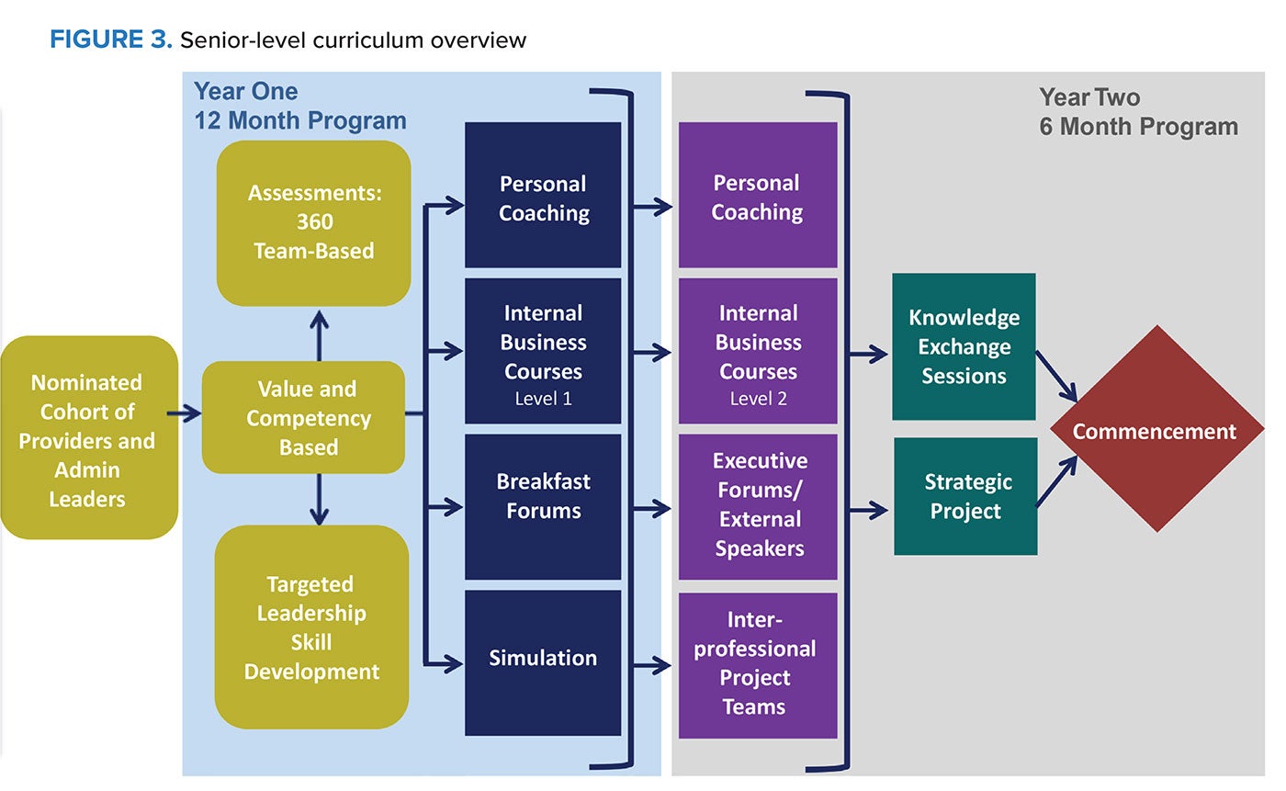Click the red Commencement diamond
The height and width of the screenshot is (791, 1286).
pyautogui.click(x=1155, y=430)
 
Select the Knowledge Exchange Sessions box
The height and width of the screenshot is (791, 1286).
pyautogui.click(x=964, y=346)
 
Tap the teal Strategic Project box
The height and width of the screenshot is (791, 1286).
pyautogui.click(x=965, y=496)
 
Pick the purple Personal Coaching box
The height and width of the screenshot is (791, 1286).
pyautogui.click(x=757, y=196)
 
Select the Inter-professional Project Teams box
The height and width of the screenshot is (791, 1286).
pyautogui.click(x=757, y=664)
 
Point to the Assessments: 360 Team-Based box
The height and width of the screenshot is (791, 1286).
pyautogui.click(x=313, y=222)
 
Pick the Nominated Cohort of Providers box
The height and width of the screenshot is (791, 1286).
pyautogui.click(x=88, y=438)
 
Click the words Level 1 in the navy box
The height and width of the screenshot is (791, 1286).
pyautogui.click(x=543, y=400)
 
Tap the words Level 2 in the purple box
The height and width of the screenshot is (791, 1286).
pyautogui.click(x=758, y=400)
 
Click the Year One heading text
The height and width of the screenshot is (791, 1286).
pyautogui.click(x=245, y=92)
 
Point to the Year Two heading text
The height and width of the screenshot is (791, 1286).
pyautogui.click(x=1089, y=97)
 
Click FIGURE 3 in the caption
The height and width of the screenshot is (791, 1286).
pyautogui.click(x=110, y=40)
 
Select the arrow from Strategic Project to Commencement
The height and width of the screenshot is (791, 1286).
pyautogui.click(x=1057, y=481)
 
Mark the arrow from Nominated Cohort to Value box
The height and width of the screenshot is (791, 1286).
pyautogui.click(x=189, y=413)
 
